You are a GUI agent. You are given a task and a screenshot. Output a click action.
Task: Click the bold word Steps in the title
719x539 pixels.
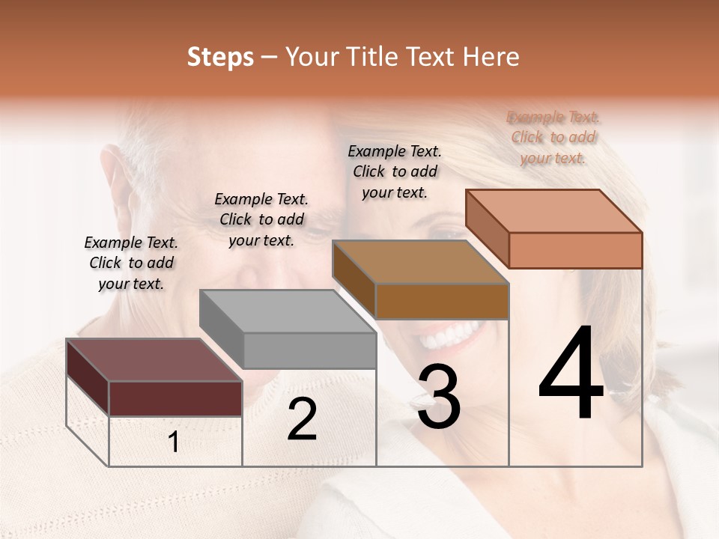click(220, 57)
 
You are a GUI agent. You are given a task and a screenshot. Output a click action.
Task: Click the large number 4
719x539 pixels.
click(571, 374)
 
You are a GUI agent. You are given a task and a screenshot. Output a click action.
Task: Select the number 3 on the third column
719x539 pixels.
click(438, 398)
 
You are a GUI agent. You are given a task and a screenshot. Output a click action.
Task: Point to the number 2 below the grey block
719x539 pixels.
click(302, 420)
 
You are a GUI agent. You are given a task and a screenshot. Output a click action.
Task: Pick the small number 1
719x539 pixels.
click(174, 442)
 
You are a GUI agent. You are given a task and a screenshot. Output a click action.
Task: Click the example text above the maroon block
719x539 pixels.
click(131, 263)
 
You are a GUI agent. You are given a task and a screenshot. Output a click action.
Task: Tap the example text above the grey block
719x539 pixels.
click(261, 219)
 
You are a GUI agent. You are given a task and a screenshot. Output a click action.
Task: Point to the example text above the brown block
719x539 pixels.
click(395, 171)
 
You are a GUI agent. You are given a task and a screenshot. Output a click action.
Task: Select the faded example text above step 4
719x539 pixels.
click(553, 137)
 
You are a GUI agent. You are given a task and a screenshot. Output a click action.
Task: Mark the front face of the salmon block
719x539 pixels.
click(575, 250)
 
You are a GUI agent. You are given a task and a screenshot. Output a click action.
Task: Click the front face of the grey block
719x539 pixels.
click(309, 350)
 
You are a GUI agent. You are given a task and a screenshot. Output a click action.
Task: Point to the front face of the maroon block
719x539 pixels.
click(175, 398)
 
